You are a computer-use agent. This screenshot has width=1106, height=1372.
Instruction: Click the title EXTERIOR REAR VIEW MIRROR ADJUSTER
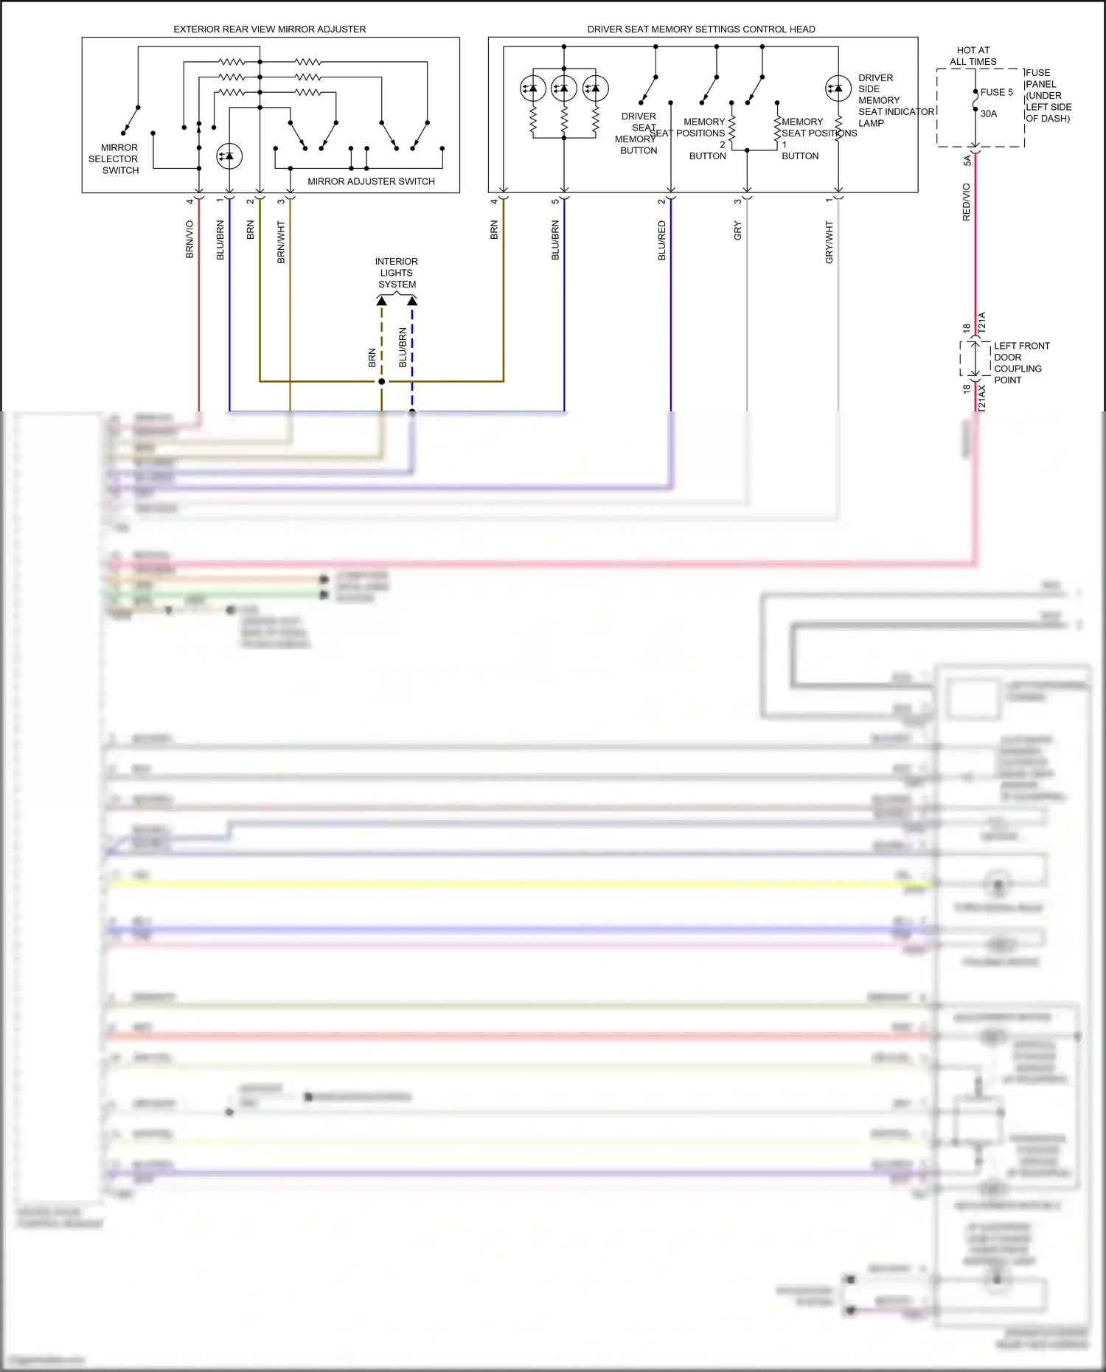tap(269, 29)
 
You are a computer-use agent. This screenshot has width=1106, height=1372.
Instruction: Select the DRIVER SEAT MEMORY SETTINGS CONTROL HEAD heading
tap(700, 29)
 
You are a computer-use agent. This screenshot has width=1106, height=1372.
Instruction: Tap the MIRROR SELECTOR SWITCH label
tap(114, 159)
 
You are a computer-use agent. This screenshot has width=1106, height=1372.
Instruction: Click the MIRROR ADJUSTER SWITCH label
tap(371, 181)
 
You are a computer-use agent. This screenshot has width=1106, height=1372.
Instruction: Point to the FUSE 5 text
tap(996, 92)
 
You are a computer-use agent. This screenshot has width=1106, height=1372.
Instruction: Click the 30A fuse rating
tap(988, 114)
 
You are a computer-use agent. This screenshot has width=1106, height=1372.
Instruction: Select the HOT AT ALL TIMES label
tap(973, 56)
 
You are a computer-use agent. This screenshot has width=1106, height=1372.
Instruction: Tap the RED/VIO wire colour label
tap(966, 202)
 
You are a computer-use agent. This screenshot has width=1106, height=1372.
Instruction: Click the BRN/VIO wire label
tap(189, 239)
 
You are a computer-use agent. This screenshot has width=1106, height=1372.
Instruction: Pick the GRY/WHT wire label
tap(829, 242)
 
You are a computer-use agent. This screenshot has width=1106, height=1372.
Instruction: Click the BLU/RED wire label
tap(661, 240)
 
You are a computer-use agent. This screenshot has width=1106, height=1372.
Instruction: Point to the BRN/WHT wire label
tap(281, 242)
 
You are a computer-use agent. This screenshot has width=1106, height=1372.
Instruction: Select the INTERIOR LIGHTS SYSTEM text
tap(397, 273)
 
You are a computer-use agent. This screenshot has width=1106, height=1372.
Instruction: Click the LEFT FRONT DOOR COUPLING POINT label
tap(1020, 363)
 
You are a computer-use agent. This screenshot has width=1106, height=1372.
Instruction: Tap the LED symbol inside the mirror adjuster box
tap(229, 156)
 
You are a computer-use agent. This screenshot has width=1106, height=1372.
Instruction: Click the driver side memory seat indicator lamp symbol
tap(838, 88)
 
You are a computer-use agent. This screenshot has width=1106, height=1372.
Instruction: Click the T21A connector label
tap(981, 322)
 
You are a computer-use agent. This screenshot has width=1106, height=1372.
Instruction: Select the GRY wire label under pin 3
tap(737, 231)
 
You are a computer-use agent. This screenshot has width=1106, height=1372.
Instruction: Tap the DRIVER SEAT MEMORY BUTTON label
tap(638, 133)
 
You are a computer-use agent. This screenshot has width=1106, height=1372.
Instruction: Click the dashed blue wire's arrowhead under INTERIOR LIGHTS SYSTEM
tap(412, 301)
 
